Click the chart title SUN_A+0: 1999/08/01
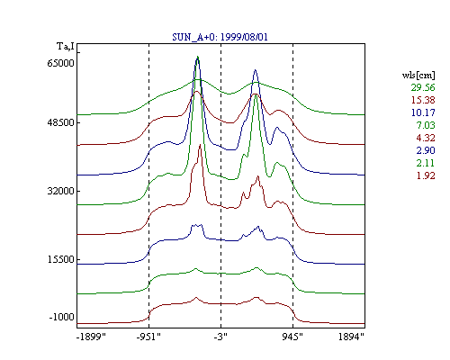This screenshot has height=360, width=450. [x=220, y=37]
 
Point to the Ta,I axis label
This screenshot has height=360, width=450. [x=66, y=46]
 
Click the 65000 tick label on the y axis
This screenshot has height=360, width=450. [x=60, y=63]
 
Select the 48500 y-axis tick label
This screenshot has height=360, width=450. [x=60, y=122]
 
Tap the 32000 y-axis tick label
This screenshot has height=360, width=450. [x=60, y=191]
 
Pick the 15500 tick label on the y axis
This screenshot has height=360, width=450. [x=60, y=259]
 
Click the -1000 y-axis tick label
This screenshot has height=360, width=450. [x=61, y=317]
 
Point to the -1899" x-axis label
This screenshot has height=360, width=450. [x=91, y=337]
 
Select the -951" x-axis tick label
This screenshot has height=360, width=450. [x=148, y=337]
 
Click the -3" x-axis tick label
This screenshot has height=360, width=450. [x=220, y=337]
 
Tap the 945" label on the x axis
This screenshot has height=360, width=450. [x=292, y=337]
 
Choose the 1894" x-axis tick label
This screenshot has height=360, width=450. [x=351, y=337]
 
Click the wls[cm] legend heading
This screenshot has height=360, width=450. [x=418, y=76]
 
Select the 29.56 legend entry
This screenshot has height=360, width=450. [x=423, y=87]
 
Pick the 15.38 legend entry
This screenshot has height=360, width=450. [x=423, y=100]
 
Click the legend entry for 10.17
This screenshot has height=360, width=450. [x=423, y=112]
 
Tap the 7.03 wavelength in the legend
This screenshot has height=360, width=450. [x=426, y=125]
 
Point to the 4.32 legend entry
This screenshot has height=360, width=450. [x=426, y=138]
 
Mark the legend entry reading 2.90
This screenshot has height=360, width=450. [x=426, y=150]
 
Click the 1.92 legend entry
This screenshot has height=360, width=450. [x=426, y=175]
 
